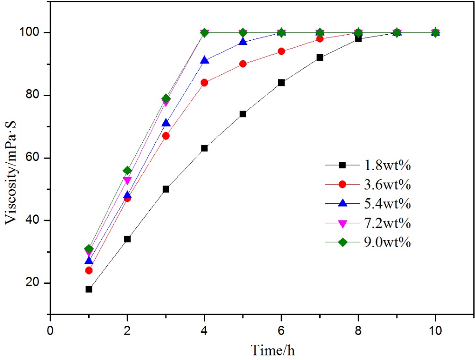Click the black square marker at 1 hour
point(89,289)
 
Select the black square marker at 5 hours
point(243,114)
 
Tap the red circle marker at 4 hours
point(204,83)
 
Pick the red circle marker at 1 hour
point(89,270)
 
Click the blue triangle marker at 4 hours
point(204,60)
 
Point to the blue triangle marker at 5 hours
point(243,42)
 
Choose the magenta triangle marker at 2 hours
point(127,180)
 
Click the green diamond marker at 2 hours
point(127,171)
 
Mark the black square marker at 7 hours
point(320,58)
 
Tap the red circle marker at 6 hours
point(281,51)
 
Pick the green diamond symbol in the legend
point(342,242)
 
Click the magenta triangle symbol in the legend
point(342,223)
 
